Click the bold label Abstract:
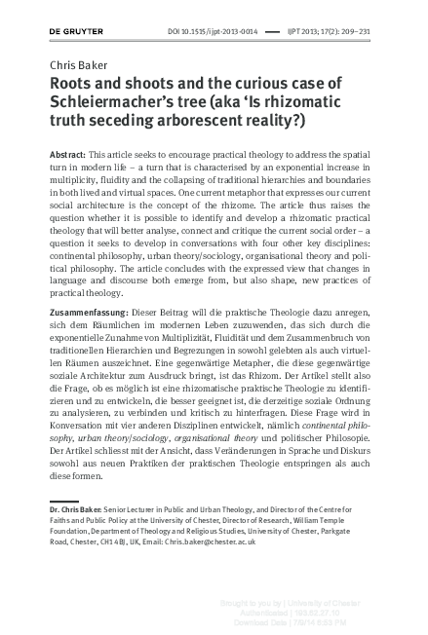coord(68,156)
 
